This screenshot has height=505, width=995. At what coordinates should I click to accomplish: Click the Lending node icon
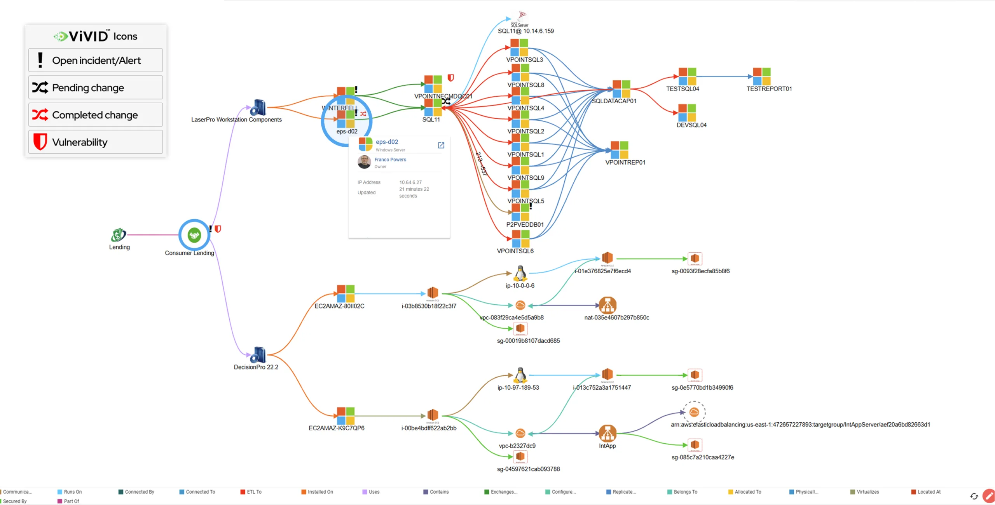pos(118,235)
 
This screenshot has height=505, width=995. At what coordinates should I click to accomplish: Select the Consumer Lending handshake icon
pos(194,235)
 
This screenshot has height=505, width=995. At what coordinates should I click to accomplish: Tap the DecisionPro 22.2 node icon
pos(258,355)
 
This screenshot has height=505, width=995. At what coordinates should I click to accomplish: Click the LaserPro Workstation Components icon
pos(258,108)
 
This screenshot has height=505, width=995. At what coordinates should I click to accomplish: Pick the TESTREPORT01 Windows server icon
pos(761,76)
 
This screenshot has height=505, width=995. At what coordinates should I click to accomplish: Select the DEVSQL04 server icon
pos(687,113)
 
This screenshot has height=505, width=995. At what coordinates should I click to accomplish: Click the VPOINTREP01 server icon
pos(619,150)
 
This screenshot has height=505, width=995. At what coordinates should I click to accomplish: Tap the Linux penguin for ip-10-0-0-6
pos(520,274)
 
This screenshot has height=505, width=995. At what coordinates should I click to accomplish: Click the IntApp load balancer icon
pos(607,433)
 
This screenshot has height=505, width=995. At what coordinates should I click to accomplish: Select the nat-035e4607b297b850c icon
pos(607,305)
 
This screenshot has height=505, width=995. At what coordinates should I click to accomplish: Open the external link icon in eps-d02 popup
pos(441,145)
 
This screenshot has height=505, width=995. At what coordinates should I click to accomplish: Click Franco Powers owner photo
pos(364,162)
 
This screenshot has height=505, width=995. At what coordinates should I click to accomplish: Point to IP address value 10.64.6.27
pos(410,182)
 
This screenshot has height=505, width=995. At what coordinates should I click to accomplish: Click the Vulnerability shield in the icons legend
pos(40,142)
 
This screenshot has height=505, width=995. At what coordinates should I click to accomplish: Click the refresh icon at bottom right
pos(974,496)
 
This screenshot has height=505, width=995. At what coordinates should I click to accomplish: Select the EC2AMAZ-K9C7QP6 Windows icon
pos(346,416)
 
